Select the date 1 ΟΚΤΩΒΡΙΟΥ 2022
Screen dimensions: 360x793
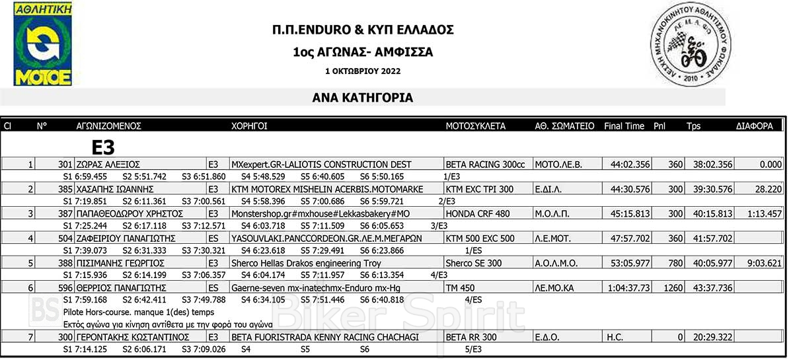363,71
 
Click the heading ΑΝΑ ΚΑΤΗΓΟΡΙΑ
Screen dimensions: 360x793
363,98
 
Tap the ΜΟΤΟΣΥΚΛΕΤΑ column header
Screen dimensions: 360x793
476,126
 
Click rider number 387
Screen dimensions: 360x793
65,214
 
